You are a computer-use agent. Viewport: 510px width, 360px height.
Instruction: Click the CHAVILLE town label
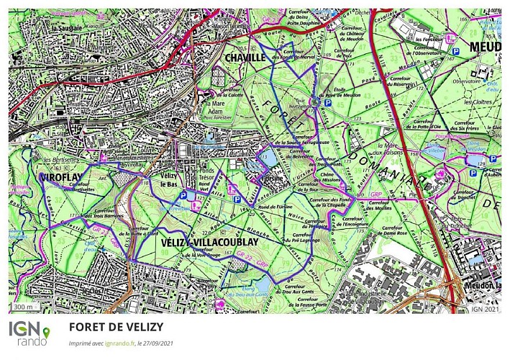coord(245,58)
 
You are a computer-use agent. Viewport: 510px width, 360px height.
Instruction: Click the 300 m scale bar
coord(24,307)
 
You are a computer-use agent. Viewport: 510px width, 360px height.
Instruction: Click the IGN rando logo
coord(29,332)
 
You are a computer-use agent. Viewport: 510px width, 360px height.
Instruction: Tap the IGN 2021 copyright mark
coord(484,308)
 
